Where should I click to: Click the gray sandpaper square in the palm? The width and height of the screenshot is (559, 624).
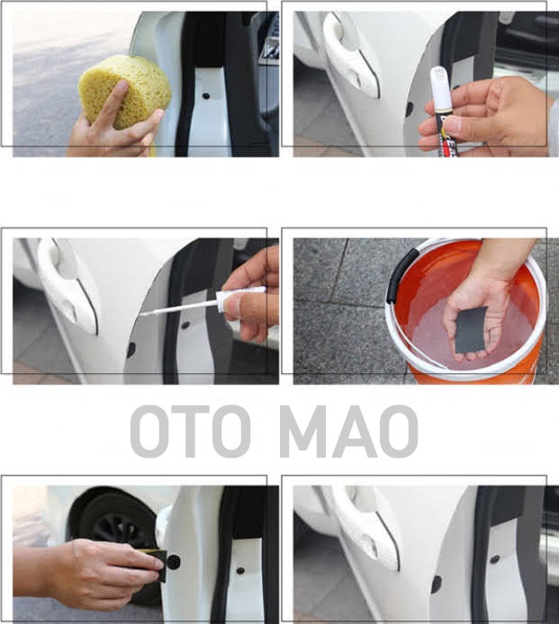[471, 329]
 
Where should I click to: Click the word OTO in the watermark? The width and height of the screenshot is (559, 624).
[191, 431]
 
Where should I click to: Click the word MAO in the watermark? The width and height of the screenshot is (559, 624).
[348, 431]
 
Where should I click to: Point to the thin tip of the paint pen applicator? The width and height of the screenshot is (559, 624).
[142, 315]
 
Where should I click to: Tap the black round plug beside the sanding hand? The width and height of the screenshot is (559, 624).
[173, 562]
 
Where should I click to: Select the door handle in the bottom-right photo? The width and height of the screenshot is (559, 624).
[366, 525]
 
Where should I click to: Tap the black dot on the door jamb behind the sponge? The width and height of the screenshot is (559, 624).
[206, 96]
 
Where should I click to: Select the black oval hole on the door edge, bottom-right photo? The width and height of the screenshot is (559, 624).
[437, 584]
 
